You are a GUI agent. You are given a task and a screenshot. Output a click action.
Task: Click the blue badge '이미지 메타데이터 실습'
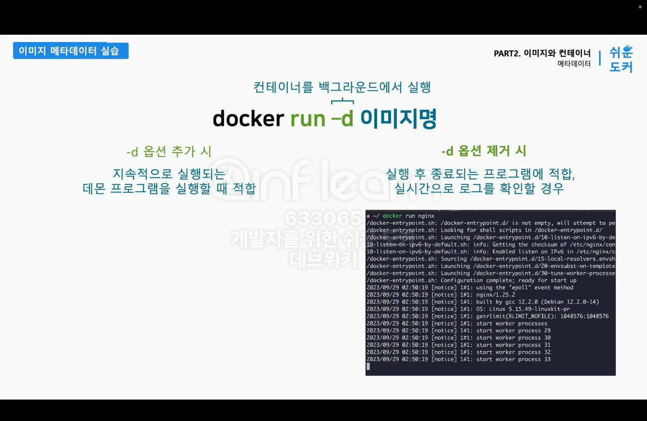point(70,51)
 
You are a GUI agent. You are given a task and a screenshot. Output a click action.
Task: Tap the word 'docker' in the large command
point(248,119)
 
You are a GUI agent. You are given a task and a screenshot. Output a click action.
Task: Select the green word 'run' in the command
point(308,119)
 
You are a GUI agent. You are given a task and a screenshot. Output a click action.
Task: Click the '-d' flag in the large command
point(343,119)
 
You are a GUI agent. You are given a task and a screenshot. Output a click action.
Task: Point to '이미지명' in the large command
point(398,119)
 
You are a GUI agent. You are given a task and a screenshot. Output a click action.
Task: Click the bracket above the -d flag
point(343,101)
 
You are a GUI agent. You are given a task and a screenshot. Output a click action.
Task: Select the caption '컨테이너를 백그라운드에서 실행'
point(342,87)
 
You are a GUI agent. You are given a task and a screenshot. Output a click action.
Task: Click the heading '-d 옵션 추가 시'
point(169,151)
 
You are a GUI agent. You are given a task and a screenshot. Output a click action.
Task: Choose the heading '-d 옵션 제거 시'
point(483,151)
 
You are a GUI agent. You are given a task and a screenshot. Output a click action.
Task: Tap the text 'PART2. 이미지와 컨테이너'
point(542,53)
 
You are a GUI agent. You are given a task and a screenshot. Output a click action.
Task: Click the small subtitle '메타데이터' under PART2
point(574,64)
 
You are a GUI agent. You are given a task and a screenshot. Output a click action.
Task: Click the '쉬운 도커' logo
point(621,59)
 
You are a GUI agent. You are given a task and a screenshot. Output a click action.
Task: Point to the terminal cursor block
point(368,366)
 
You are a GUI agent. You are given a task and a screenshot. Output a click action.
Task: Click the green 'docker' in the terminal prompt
point(392,216)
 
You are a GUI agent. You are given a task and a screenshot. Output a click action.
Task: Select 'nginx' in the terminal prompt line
point(426,216)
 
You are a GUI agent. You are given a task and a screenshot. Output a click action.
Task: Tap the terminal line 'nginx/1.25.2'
point(496,295)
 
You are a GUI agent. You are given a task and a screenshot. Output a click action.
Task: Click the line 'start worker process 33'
point(513,359)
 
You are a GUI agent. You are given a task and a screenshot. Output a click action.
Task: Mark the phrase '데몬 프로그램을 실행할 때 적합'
point(169,188)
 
